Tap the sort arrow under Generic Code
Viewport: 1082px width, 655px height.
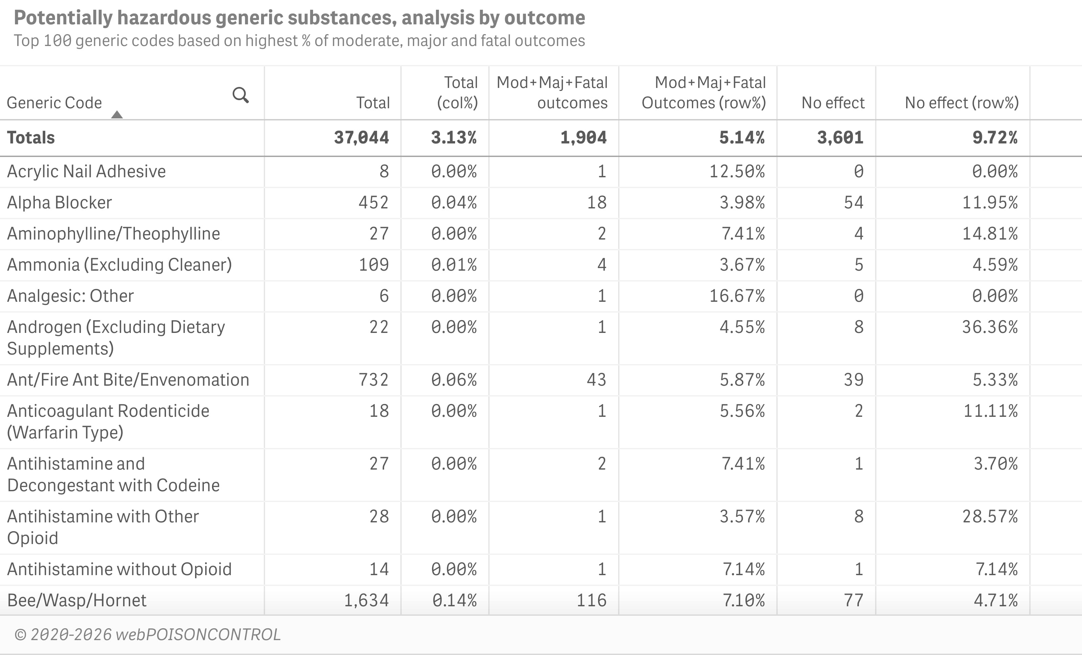[117, 115]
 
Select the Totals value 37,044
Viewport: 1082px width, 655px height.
[361, 137]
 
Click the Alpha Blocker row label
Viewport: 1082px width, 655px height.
[60, 203]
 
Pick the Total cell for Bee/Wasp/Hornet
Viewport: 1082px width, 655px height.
[366, 600]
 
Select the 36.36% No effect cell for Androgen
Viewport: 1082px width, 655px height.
[990, 327]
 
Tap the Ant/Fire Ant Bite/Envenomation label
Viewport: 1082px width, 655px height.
[128, 380]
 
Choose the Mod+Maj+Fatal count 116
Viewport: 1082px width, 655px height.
[591, 600]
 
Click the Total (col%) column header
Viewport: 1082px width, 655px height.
[457, 93]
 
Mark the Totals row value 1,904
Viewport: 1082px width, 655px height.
[583, 137]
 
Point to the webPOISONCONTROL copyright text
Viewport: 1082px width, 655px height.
[147, 634]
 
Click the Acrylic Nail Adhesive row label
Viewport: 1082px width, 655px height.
[87, 171]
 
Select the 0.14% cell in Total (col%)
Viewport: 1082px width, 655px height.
[454, 600]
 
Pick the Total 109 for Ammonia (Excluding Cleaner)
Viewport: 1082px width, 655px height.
[374, 265]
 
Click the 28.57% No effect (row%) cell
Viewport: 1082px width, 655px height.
[990, 516]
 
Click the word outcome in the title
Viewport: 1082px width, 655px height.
[544, 18]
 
